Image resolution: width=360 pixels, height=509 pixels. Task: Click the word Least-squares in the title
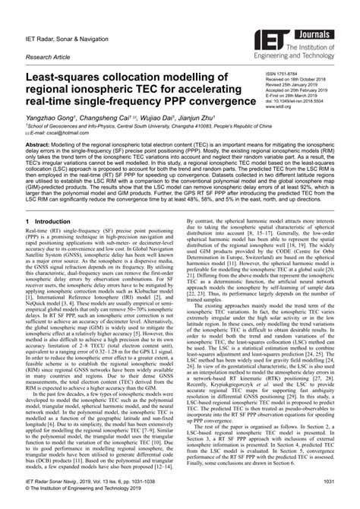[67, 78]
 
